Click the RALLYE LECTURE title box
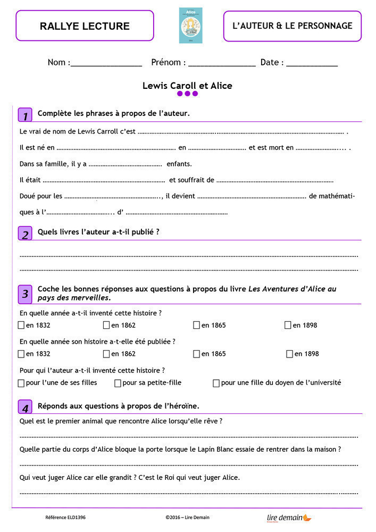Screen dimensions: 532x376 tap(85, 26)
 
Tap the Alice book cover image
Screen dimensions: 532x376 tap(190, 26)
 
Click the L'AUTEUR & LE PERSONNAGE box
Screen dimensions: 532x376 tap(292, 26)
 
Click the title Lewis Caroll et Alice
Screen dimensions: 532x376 tap(187, 86)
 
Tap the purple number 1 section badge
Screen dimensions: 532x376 tap(25, 114)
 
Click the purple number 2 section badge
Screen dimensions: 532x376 tap(25, 233)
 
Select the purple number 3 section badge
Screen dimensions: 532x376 tap(25, 293)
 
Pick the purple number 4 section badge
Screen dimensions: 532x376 tap(25, 407)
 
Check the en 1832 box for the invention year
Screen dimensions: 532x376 tap(21, 325)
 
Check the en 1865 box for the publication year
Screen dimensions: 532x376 tap(196, 354)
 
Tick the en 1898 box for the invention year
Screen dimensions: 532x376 tap(288, 325)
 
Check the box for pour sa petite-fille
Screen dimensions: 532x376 tap(118, 383)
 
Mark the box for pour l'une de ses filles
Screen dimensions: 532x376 tap(21, 383)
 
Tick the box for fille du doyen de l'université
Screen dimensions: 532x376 tap(216, 383)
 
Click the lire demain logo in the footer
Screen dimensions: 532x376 tap(289, 517)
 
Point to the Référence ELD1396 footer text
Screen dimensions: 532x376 tap(65, 517)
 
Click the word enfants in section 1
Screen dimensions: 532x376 tap(179, 164)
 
